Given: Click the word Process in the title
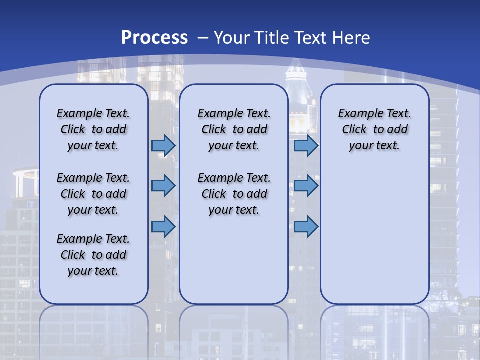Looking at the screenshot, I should click(154, 38).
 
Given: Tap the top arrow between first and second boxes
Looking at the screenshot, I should click(163, 146).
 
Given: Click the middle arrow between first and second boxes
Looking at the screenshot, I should click(163, 186).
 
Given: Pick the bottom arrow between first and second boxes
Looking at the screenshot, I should click(163, 226).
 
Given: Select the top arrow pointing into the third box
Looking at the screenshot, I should click(306, 146).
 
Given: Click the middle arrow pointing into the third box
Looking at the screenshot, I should click(306, 186).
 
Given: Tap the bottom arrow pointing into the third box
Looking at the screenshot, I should click(306, 226).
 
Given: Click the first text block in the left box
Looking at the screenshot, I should click(93, 129).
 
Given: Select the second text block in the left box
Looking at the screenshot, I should click(93, 194).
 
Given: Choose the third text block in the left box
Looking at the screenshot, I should click(93, 255).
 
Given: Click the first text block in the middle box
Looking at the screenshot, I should click(234, 129).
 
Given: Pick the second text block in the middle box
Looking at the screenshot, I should click(234, 194).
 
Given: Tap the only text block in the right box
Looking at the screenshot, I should click(374, 129).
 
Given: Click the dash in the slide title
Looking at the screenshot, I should click(202, 38).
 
